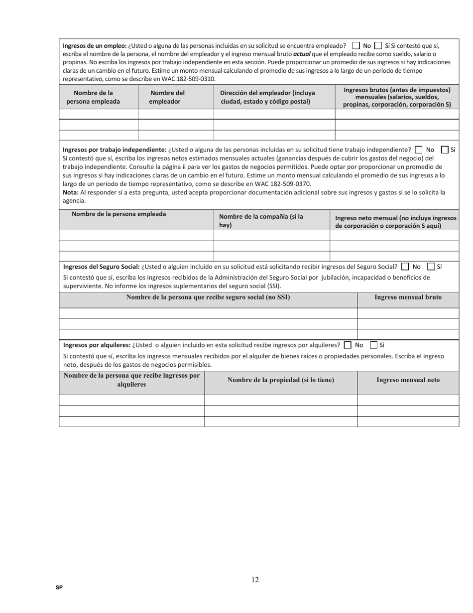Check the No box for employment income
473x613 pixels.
(x=356, y=45)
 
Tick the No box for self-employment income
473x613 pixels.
(x=418, y=150)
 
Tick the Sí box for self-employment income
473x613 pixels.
(x=445, y=150)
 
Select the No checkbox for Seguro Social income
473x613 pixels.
(x=405, y=267)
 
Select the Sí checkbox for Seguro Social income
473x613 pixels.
(x=431, y=267)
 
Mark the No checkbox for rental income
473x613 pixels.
(x=348, y=345)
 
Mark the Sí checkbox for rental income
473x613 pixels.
(x=374, y=345)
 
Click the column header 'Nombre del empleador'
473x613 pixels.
(x=167, y=97)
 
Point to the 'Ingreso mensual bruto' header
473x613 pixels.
(x=408, y=298)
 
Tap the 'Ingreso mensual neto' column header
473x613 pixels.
(x=408, y=380)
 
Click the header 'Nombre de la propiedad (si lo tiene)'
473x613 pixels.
(x=281, y=380)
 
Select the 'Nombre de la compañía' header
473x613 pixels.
(x=261, y=221)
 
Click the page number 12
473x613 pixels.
(x=255, y=580)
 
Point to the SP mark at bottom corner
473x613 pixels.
(x=59, y=588)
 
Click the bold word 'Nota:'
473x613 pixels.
(x=71, y=192)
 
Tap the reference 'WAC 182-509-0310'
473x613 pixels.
(x=189, y=79)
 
